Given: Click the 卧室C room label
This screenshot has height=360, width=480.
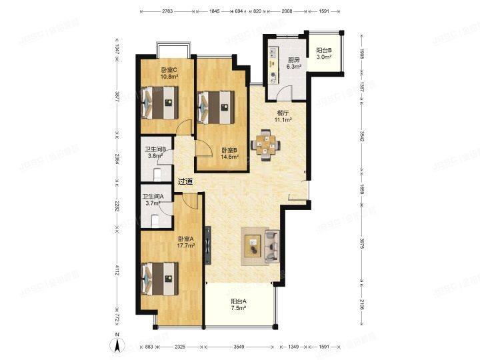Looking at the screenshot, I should coord(167,73).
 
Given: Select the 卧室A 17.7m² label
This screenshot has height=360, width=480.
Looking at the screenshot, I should coord(185,242).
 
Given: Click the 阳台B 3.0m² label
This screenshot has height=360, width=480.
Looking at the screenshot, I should coord(325,54).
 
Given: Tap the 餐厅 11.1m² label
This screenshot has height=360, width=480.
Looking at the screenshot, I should coord(285,116).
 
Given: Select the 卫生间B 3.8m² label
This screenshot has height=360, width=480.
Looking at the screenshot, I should coord(155,153).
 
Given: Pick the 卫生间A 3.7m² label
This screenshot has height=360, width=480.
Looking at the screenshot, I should coord(154,199).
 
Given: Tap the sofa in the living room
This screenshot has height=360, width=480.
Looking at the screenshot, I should coord(271,245).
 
